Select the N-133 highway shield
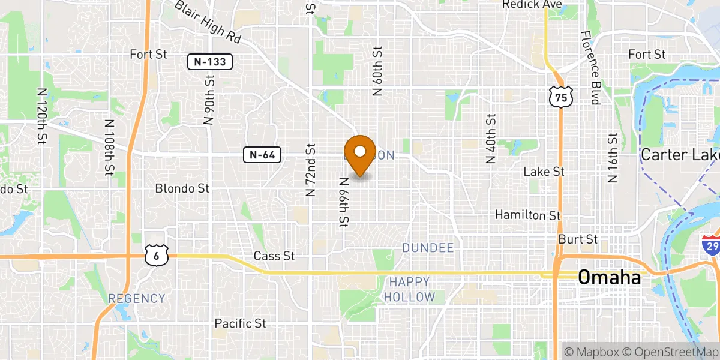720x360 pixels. coord(209,61)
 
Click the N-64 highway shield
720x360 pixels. coord(262,155)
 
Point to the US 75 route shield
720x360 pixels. coord(561,97)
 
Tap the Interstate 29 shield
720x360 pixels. coord(711,246)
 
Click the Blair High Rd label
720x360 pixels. coord(208,22)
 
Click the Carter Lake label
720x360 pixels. coord(680,155)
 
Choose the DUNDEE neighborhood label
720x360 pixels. coord(428,248)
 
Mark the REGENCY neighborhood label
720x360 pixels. coord(136,298)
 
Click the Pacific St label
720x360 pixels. coord(241,323)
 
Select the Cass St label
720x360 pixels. coord(274,256)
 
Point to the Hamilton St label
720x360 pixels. coord(528,215)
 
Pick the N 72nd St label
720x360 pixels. coord(310,170)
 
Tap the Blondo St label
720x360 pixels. coord(182,188)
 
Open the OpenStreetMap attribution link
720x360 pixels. coord(673,352)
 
